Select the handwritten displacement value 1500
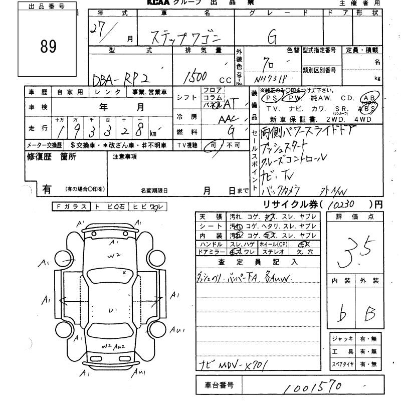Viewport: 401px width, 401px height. pos(196,76)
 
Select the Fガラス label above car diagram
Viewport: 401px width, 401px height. pos(72,207)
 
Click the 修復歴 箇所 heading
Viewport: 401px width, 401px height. pos(51,157)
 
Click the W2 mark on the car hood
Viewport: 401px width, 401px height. pos(115,255)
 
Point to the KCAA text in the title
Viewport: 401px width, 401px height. pos(160,3)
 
